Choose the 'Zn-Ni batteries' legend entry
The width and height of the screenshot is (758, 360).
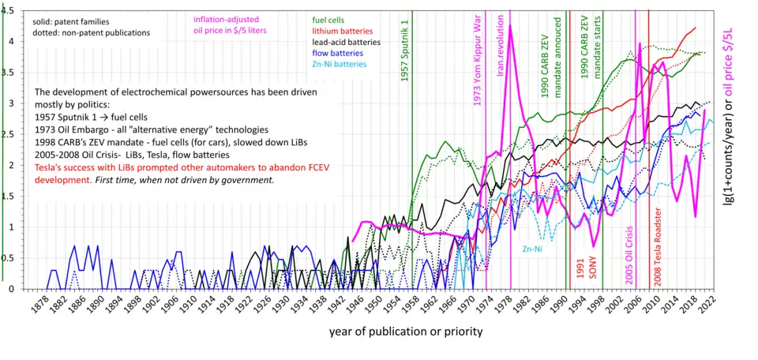(x=340, y=65)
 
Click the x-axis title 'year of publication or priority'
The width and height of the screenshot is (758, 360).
(x=406, y=332)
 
